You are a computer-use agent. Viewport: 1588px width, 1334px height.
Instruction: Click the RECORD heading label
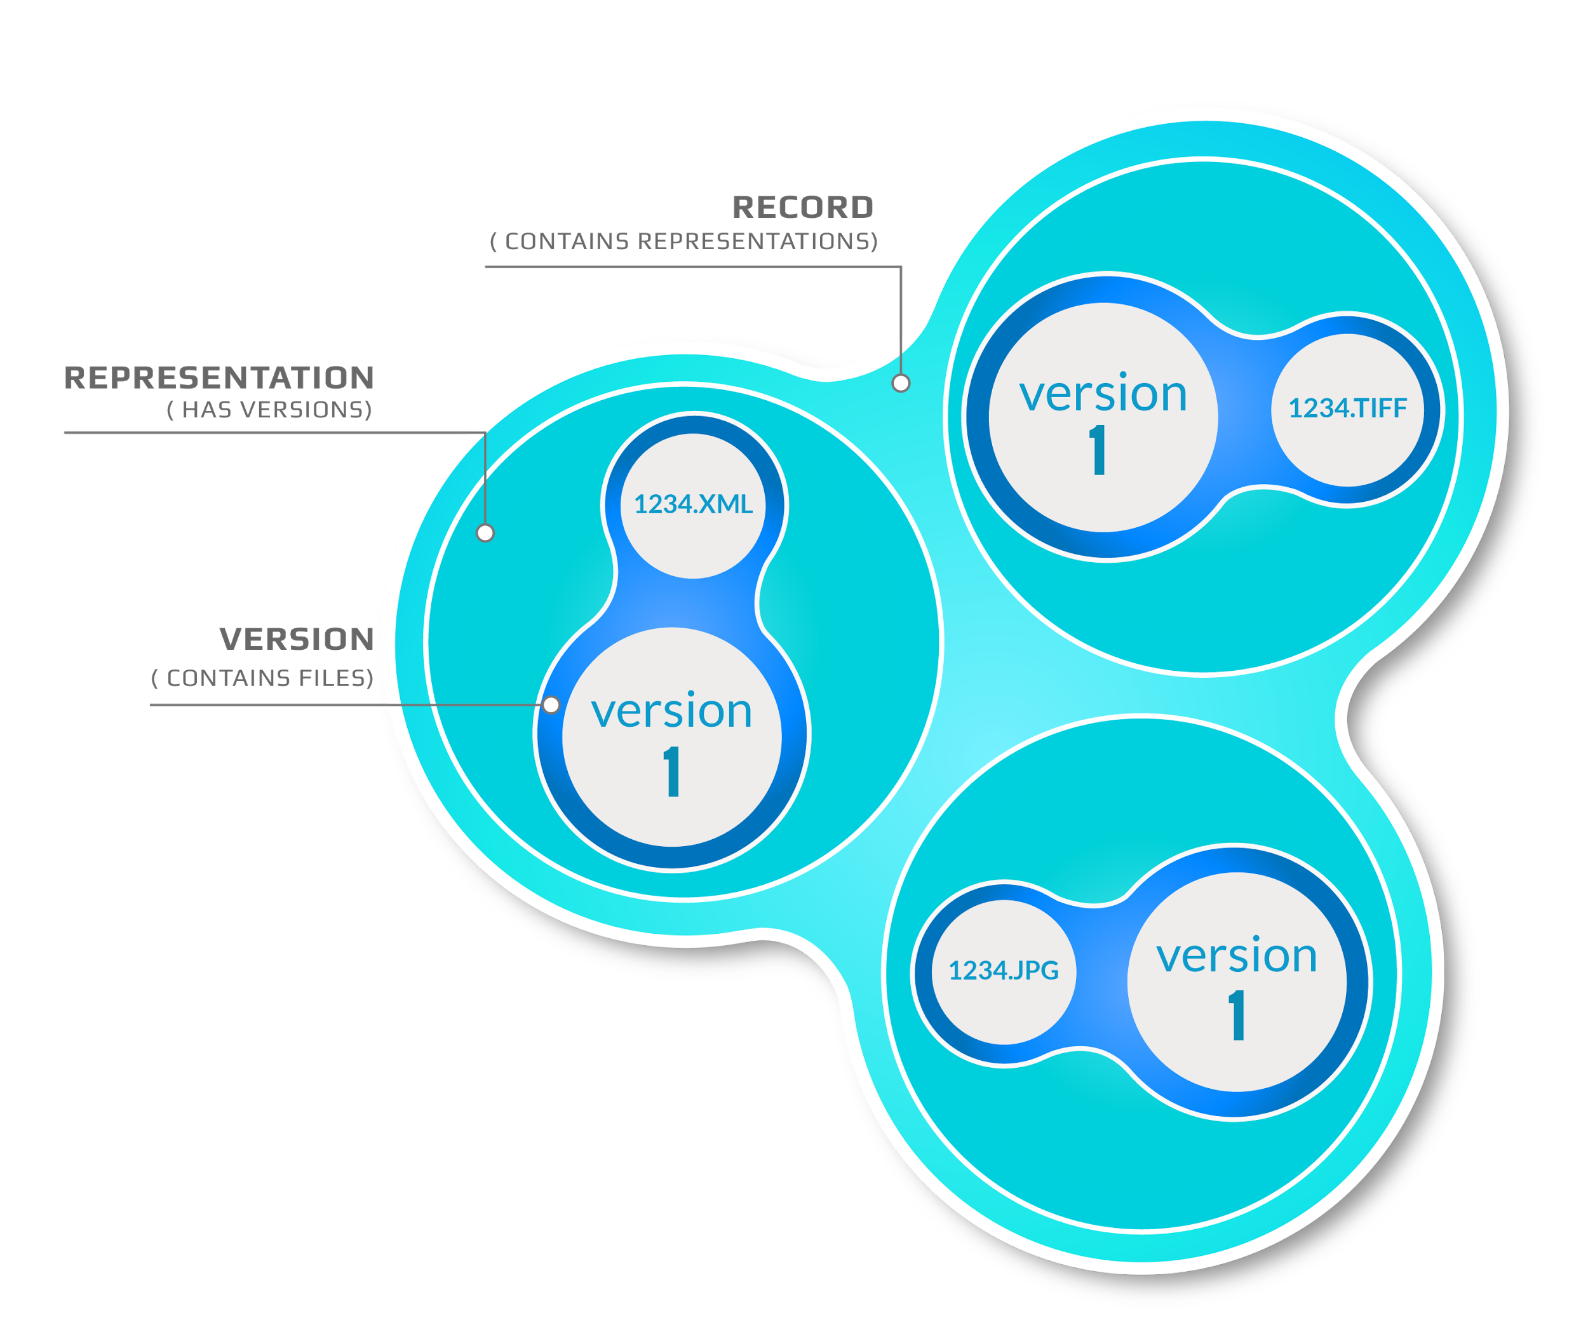coord(802,207)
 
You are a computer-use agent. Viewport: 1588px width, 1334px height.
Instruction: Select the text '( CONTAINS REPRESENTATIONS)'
coord(683,241)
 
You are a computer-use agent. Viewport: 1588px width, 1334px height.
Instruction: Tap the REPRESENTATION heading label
coord(219,377)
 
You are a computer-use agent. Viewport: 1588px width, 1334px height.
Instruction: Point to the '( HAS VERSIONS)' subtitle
coord(269,410)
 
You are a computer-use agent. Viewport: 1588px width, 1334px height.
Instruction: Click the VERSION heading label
coord(297,639)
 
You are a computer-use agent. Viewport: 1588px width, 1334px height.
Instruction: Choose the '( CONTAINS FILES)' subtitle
coord(262,678)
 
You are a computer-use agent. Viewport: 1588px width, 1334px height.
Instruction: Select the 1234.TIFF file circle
coord(1347,409)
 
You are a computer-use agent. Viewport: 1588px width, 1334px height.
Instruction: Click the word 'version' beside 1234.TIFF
coord(1103,394)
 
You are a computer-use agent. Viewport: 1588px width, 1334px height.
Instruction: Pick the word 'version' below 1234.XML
coord(671,711)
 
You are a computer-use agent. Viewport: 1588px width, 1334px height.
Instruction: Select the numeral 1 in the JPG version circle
coord(1237,1016)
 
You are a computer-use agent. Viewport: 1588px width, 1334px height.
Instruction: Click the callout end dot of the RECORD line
coord(901,384)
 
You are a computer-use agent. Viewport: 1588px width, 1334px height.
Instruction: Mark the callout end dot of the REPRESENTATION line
coord(485,533)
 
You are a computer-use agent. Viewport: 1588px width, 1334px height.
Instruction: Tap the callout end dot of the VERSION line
coord(551,705)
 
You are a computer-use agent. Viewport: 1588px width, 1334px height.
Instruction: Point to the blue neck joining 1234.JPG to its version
coord(1100,976)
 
